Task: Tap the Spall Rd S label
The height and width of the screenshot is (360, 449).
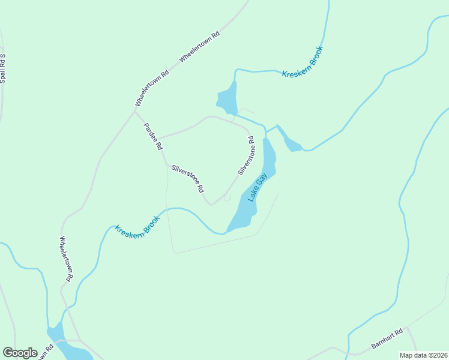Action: point(3,68)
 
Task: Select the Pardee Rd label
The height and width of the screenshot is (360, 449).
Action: point(152,136)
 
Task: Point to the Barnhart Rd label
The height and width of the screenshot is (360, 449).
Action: point(387,338)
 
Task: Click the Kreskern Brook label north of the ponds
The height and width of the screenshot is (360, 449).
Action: point(303,62)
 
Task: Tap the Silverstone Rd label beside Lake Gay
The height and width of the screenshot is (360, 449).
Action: point(246,156)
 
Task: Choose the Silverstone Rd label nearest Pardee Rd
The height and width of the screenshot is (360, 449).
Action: point(188,178)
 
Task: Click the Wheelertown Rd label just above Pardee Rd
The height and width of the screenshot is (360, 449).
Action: point(152,88)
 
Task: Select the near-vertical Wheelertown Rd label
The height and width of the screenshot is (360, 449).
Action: point(66,259)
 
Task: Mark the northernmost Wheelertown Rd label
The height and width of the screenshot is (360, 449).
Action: point(200,46)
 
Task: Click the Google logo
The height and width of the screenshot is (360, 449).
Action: point(20,353)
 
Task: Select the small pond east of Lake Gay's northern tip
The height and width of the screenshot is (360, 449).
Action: point(292,144)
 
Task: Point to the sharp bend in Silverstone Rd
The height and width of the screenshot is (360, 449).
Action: point(210,204)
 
